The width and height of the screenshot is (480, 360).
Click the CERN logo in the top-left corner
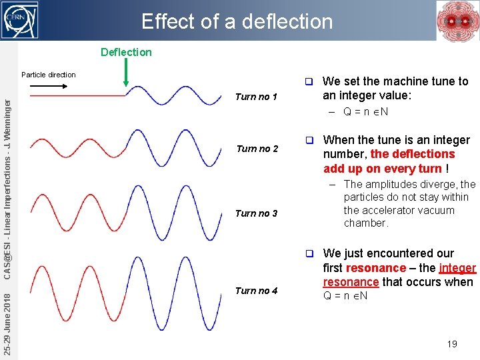[x=20, y=20]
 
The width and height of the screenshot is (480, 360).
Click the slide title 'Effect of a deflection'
[x=237, y=21]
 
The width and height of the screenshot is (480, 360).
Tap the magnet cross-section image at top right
[x=457, y=21]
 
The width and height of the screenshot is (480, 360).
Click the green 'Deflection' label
[x=126, y=52]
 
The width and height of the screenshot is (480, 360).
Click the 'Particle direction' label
[x=49, y=75]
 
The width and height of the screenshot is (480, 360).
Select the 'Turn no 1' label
[x=256, y=97]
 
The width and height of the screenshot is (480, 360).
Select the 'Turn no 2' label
[x=256, y=149]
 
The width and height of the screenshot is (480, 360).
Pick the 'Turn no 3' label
[x=256, y=213]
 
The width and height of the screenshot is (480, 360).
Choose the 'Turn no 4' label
[x=256, y=291]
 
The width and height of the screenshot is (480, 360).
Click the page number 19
[x=452, y=344]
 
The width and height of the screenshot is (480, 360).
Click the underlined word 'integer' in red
[x=457, y=268]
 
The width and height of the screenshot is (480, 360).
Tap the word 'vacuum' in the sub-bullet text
[x=456, y=210]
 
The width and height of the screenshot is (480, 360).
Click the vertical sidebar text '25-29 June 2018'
[x=7, y=320]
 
